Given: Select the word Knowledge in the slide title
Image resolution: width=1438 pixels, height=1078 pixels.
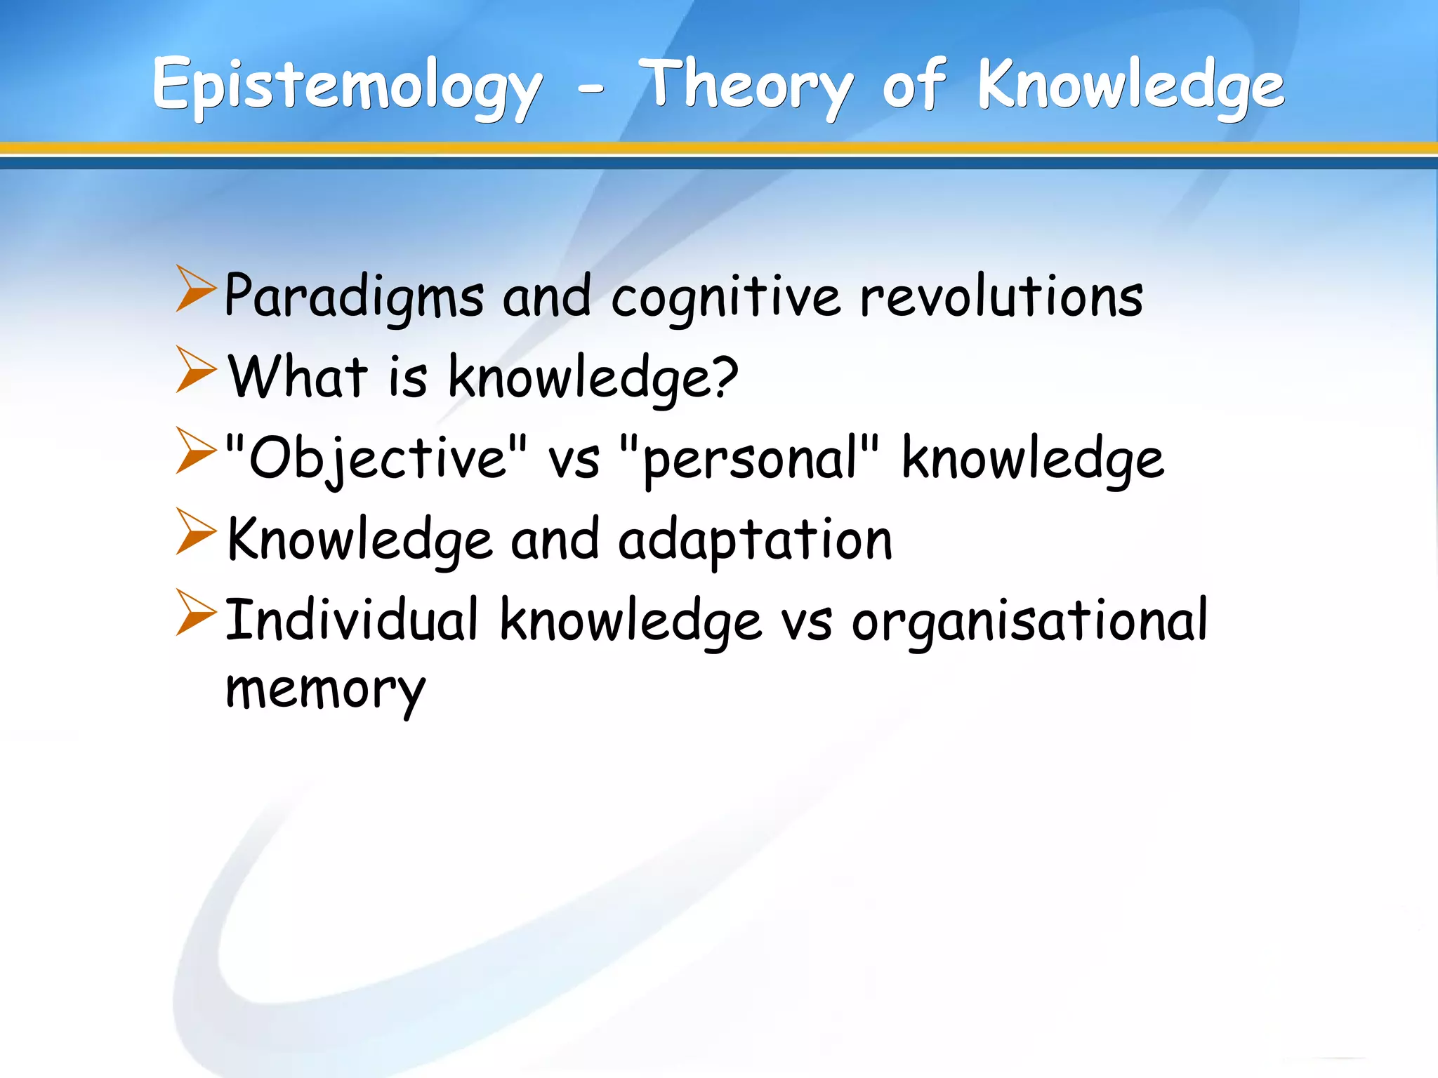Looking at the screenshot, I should [x=1130, y=87].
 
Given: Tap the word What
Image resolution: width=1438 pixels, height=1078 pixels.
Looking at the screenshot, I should [x=298, y=378].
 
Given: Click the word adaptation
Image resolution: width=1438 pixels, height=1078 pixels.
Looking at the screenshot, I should [x=755, y=540].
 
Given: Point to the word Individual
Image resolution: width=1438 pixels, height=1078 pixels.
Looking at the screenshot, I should [x=351, y=620].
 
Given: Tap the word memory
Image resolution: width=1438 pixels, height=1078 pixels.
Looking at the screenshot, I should [x=325, y=691].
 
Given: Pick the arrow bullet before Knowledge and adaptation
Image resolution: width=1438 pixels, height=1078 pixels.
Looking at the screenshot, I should [x=195, y=531].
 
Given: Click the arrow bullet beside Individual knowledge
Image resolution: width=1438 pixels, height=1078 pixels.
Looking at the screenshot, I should [x=195, y=612].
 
